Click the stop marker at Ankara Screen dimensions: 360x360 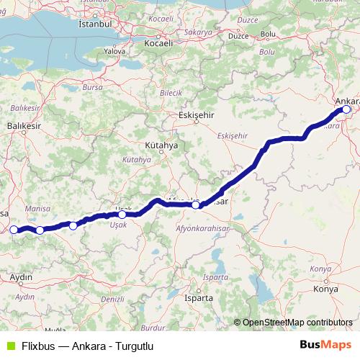point(346,109)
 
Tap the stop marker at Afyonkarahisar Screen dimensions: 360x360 point(196,205)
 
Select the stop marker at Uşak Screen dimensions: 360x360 point(122,214)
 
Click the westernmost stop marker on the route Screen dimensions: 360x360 point(13,230)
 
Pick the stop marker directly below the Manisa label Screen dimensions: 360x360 point(40,230)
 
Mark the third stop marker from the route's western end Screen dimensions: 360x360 point(73,225)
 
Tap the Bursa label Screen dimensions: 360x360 point(94,87)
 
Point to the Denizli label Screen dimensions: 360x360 point(112,298)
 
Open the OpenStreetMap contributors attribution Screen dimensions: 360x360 point(297,323)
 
